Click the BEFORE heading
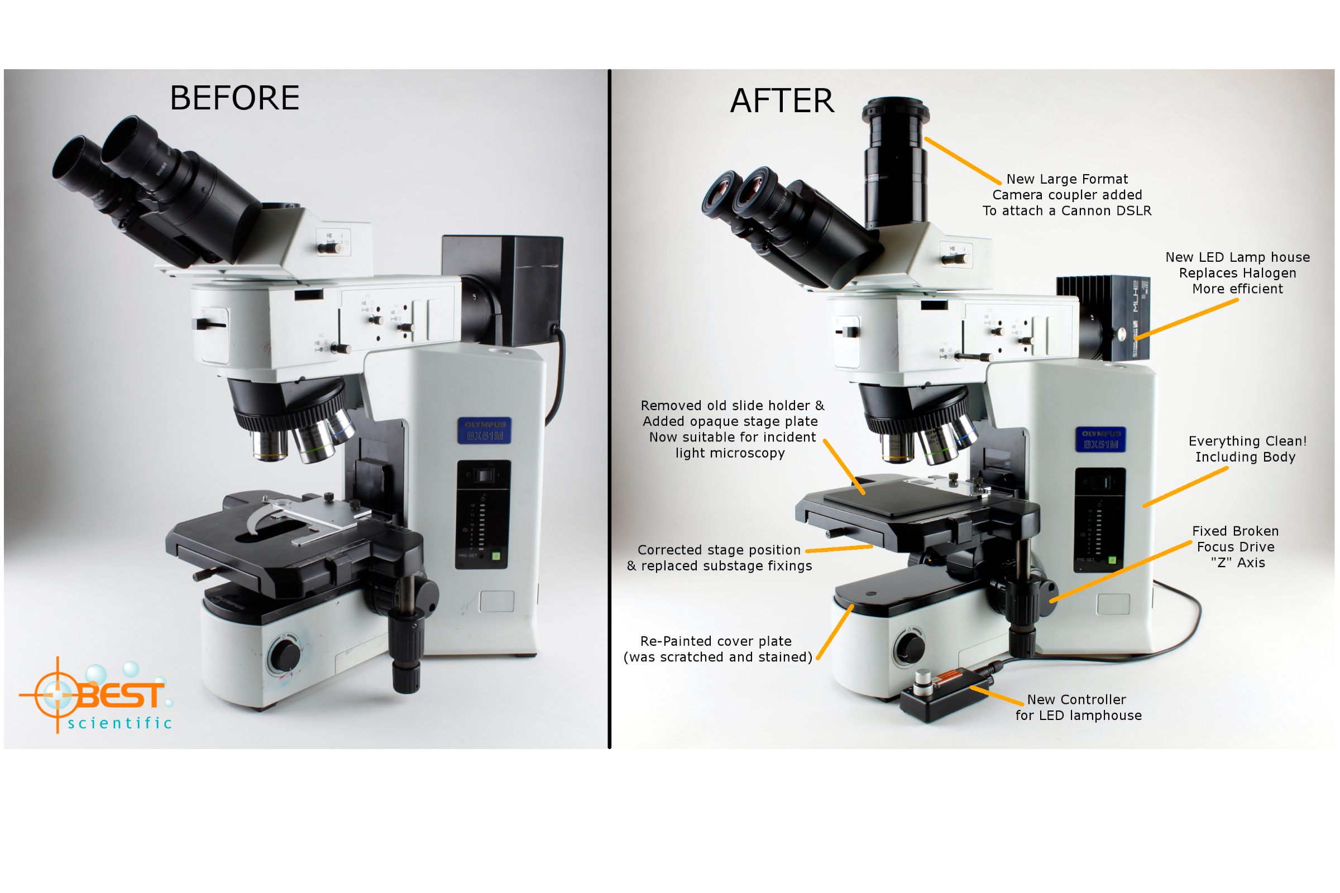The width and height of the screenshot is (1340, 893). click(234, 98)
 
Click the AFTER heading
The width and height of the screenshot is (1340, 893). click(782, 101)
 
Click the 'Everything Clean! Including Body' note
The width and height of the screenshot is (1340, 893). click(1247, 449)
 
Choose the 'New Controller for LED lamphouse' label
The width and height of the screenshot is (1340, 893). click(1078, 707)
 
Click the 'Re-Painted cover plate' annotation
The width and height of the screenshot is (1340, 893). click(717, 649)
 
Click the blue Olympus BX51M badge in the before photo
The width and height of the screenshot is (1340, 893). click(484, 430)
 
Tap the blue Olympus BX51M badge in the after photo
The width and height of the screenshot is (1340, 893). click(1100, 439)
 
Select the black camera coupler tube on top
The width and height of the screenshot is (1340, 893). click(895, 165)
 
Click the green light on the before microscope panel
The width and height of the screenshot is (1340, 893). click(495, 556)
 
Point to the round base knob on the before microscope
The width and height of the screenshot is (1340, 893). click(284, 655)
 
